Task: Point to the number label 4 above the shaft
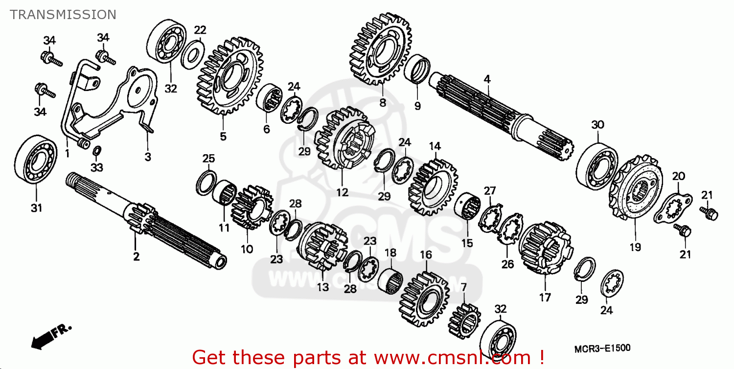coord(487,78)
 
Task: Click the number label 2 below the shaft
coord(136,256)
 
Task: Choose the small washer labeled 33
coord(97,150)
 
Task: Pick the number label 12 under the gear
coord(342,192)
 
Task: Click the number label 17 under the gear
coord(545,297)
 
